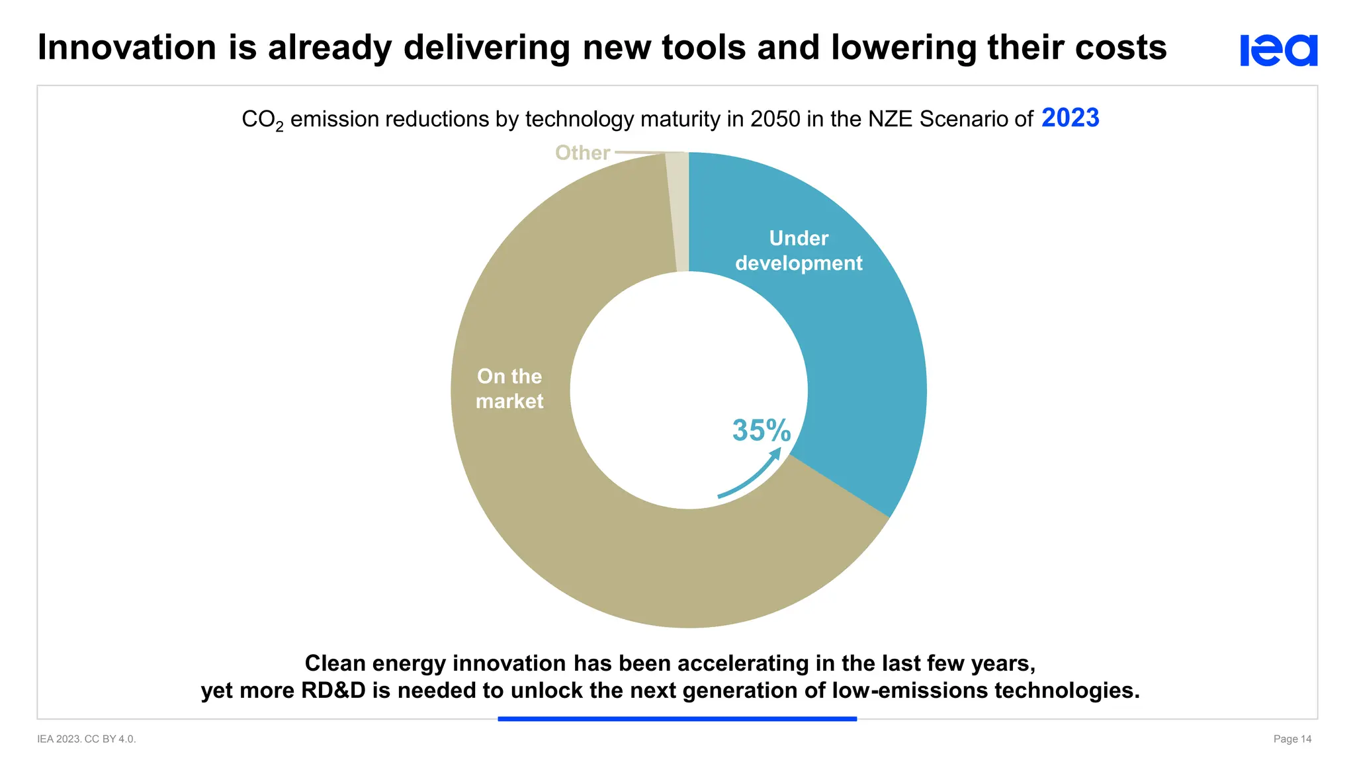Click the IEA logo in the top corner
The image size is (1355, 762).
[1278, 50]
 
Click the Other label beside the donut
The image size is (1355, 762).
[582, 153]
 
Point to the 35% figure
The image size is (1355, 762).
[761, 431]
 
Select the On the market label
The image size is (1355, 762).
[509, 389]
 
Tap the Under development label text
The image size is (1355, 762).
[799, 251]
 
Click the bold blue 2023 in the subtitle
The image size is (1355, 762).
[1070, 118]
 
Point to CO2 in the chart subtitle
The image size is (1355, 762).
[262, 120]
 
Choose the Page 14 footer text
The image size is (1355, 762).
[1292, 739]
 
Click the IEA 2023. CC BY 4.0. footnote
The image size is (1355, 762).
[87, 739]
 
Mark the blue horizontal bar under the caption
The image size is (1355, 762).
[677, 718]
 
